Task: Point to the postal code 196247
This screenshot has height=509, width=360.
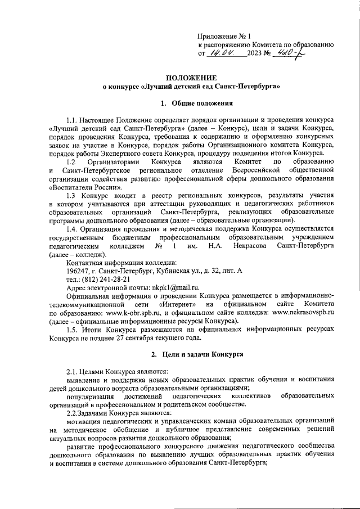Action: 78,270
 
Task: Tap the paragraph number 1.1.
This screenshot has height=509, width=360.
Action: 73,121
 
